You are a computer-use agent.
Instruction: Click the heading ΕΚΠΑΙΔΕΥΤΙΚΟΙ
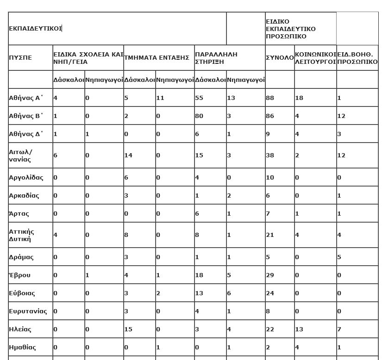[35, 28]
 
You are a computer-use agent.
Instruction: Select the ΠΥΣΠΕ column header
[20, 58]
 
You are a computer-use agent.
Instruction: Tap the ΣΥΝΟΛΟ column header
[279, 58]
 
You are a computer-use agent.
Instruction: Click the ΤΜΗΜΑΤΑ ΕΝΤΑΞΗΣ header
[156, 58]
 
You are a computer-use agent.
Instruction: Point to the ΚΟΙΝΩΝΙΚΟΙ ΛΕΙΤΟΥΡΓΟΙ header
[315, 58]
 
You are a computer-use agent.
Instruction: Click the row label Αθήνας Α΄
[26, 98]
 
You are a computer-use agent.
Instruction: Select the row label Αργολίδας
[26, 177]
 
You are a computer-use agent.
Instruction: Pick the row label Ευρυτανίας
[28, 311]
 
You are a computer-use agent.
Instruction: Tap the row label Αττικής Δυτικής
[22, 235]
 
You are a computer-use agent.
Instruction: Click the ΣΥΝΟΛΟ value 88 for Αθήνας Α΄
[270, 98]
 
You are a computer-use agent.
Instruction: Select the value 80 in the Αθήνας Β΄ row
[199, 116]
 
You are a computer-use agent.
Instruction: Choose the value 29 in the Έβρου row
[270, 275]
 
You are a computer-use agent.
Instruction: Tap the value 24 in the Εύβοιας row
[270, 293]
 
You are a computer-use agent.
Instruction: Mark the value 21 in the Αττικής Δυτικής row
[270, 235]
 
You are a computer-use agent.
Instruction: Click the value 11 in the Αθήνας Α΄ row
[160, 98]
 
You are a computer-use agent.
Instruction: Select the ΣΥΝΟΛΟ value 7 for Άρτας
[268, 213]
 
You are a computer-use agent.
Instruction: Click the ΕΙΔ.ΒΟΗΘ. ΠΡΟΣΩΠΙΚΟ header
[357, 58]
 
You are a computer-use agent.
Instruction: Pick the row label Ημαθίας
[22, 347]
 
